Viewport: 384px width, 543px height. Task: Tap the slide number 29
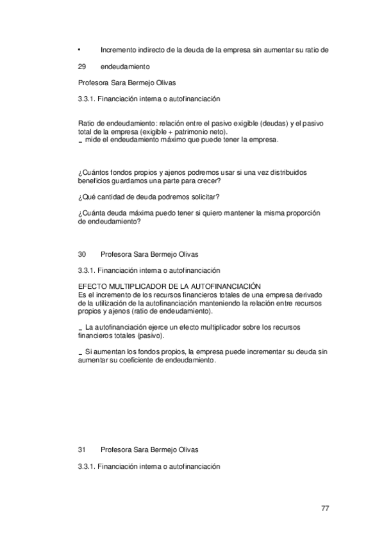click(x=81, y=66)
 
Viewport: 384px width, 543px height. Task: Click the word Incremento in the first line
click(x=119, y=49)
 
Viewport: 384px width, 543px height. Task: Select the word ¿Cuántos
click(x=92, y=173)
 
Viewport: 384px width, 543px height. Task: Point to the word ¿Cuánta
click(x=92, y=213)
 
